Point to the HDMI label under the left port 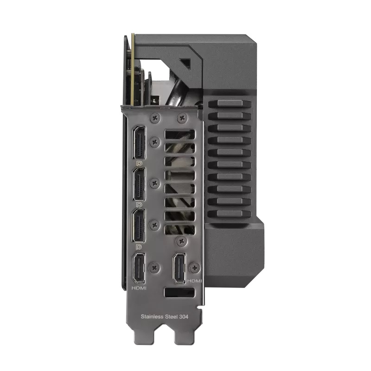(x=140, y=288)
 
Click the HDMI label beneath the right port (x=194, y=281)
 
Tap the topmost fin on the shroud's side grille (x=230, y=105)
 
